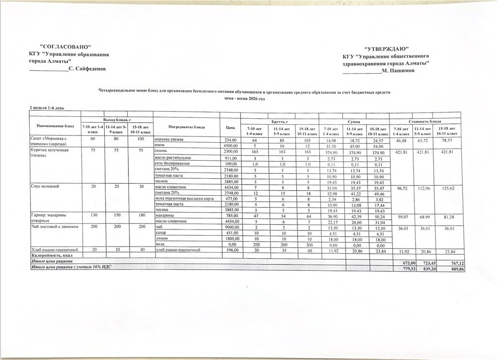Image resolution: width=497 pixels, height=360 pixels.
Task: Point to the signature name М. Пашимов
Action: pyautogui.click(x=398, y=71)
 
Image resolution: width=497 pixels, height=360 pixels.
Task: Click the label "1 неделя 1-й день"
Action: pyautogui.click(x=47, y=107)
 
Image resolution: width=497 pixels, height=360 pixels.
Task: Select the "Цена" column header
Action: pyautogui.click(x=230, y=128)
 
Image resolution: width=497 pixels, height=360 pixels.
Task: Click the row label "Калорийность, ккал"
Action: pyautogui.click(x=53, y=255)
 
